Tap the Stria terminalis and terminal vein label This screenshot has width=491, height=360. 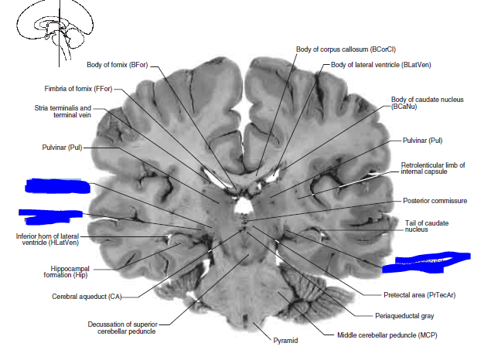(x=63, y=112)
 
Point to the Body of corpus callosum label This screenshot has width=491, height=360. (x=335, y=49)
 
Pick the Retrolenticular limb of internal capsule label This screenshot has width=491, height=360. (x=433, y=168)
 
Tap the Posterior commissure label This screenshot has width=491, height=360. (x=435, y=201)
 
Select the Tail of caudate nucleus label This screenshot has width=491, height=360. (x=426, y=226)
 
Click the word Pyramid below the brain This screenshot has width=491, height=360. (x=285, y=340)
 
